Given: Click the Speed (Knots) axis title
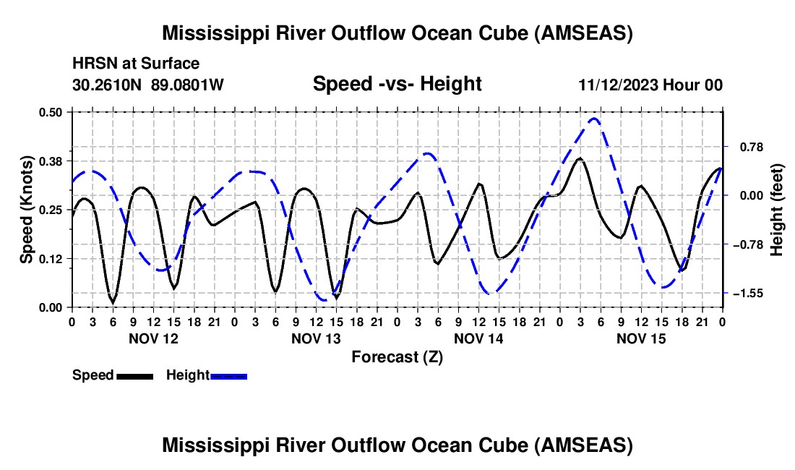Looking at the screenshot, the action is pos(26,210).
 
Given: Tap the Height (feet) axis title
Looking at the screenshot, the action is pos(777,210).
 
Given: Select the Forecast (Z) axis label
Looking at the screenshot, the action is pos(397,357).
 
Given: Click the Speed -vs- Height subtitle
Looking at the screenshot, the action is pos(397,84).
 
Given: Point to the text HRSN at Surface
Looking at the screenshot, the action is pos(136,64).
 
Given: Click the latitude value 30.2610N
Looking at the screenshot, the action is pos(107,85).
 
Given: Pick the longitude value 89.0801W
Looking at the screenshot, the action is pos(187,85).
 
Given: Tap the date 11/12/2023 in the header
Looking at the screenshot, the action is pos(618,85).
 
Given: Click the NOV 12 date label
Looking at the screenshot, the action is pos(154,338).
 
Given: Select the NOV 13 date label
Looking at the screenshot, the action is pos(316,338).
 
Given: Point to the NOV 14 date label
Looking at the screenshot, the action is pos(478,338).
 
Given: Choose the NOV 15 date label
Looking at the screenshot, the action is pos(641,338).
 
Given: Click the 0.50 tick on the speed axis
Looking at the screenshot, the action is pos(50,112).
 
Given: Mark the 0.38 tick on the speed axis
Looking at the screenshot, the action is pos(50,161).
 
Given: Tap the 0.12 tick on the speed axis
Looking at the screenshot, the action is pos(50,259).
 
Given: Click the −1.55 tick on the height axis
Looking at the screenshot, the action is pos(751,294).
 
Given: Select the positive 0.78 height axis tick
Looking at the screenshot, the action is pos(752,147).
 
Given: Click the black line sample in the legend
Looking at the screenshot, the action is pos(135,376).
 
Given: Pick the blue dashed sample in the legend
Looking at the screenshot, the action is pos(228,376).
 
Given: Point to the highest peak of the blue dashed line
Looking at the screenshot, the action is pos(593,119).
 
